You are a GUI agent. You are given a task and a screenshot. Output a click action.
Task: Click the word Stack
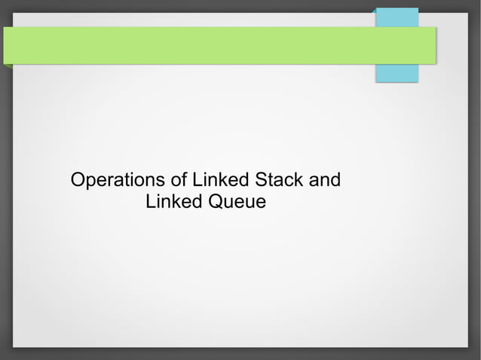tap(279, 181)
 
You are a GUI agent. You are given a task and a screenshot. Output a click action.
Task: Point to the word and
tap(325, 181)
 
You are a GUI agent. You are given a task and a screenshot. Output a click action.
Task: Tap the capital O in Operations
tap(76, 181)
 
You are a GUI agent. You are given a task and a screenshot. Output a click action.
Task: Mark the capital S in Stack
tap(261, 181)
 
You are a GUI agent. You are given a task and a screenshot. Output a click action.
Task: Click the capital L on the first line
tap(198, 181)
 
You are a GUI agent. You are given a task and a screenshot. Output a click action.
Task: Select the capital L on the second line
tap(150, 202)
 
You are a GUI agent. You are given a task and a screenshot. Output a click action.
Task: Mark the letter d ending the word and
tap(335, 181)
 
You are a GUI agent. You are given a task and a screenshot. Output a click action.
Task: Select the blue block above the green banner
tap(397, 17)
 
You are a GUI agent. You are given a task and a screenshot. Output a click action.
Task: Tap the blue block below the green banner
tap(397, 73)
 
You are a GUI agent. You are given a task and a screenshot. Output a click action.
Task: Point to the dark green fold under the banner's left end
tap(8, 66)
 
